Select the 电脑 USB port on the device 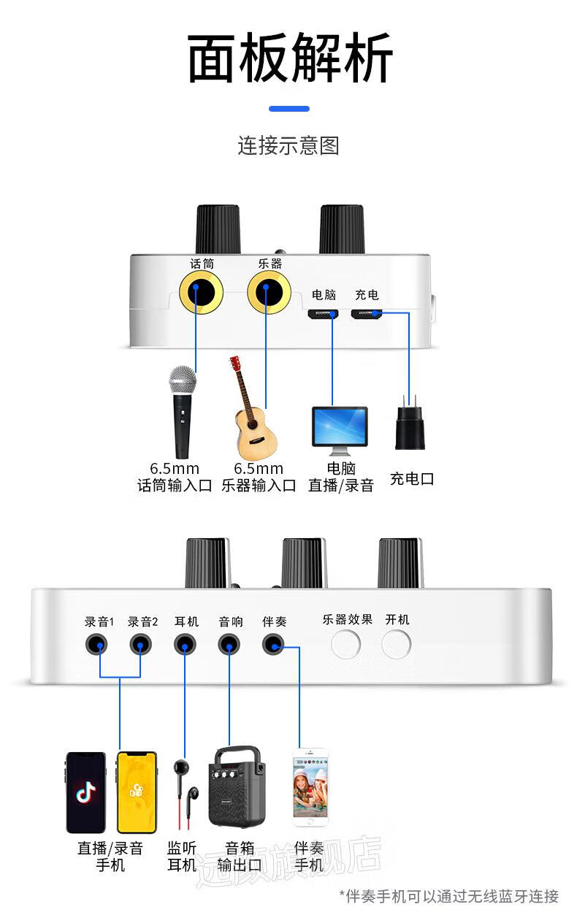[x=323, y=314]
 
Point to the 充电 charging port [x=367, y=314]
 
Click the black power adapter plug [x=410, y=427]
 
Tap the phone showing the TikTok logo [x=85, y=792]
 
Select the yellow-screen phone [x=137, y=792]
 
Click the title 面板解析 [x=290, y=58]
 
